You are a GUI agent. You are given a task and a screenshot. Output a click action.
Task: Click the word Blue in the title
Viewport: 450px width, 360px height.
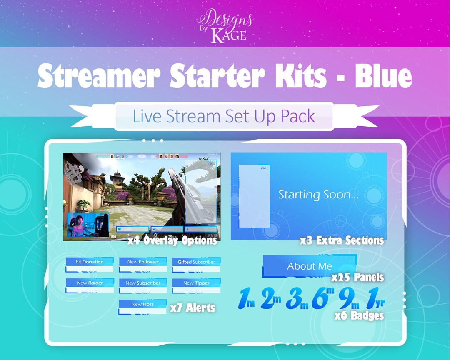[x=383, y=76]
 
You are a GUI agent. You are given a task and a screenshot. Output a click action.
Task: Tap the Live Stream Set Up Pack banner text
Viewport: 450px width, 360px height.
[x=224, y=116]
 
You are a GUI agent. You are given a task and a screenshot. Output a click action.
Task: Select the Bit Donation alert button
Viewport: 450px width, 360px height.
[x=90, y=262]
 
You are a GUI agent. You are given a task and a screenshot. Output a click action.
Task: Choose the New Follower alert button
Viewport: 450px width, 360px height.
[x=143, y=262]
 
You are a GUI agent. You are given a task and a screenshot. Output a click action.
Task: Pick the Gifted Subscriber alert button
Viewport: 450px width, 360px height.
[x=196, y=262]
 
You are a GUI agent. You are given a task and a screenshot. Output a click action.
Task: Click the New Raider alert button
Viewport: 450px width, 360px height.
[x=90, y=283]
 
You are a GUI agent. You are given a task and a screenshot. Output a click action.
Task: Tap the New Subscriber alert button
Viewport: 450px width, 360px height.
[x=143, y=283]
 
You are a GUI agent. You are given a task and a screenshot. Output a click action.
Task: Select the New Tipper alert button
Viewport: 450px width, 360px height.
[x=196, y=283]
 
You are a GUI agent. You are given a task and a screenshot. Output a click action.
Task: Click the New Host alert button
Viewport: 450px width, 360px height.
[x=142, y=304]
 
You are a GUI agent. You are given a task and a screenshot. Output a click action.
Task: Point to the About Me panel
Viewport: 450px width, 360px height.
[x=309, y=266]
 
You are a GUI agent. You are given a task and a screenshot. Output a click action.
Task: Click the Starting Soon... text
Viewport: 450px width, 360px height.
[x=318, y=195]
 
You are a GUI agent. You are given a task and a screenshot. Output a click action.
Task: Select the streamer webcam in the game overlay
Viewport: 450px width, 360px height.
[x=87, y=225]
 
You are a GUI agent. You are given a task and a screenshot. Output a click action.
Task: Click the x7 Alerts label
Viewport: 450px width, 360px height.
[x=192, y=308]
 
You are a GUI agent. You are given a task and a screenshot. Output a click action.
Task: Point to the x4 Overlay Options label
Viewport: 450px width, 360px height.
[x=172, y=240]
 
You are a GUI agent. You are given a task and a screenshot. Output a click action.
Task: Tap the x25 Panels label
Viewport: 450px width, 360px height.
[x=357, y=277]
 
